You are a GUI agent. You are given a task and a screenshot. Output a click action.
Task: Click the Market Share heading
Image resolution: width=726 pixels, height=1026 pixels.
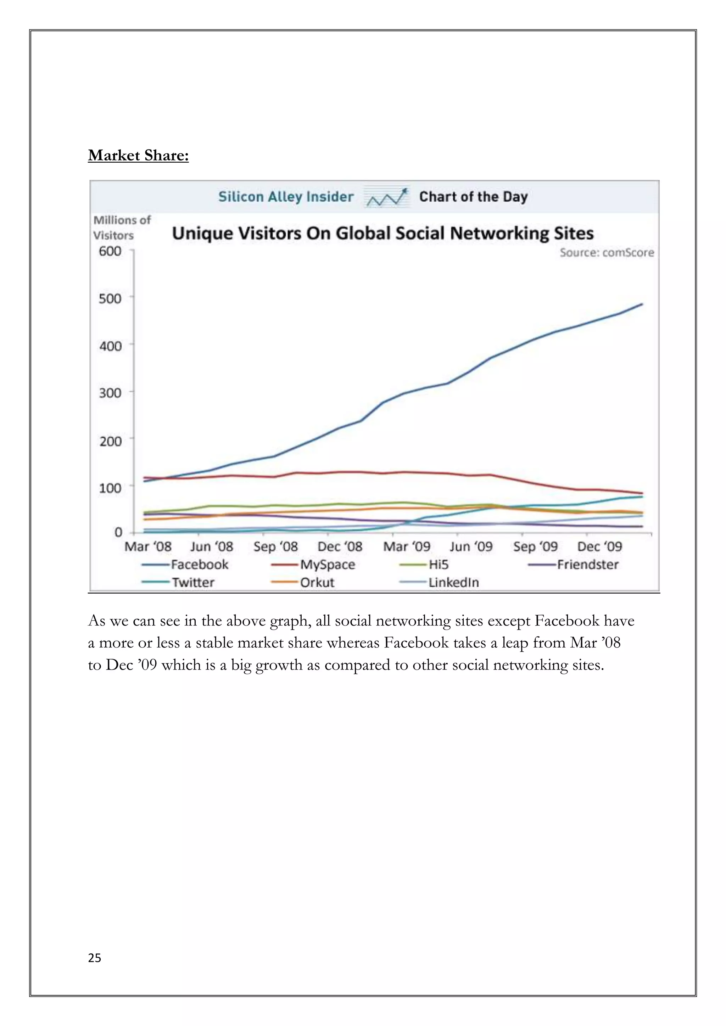(x=138, y=155)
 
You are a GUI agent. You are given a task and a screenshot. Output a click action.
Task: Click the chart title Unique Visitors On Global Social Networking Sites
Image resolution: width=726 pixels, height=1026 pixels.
(x=382, y=233)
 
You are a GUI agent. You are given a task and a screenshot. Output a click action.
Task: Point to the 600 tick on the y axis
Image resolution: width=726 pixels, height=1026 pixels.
(x=110, y=251)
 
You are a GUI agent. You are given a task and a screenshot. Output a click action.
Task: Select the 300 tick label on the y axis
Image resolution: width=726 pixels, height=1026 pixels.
(x=110, y=393)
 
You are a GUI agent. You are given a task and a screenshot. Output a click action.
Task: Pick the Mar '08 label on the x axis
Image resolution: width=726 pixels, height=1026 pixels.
(x=147, y=546)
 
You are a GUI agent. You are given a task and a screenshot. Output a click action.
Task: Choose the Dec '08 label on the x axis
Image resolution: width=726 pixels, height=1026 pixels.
(x=340, y=546)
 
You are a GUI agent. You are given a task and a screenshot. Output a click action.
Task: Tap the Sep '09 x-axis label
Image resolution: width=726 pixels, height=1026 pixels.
(x=535, y=546)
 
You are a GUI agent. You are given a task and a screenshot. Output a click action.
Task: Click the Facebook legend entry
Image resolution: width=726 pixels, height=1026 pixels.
(x=199, y=565)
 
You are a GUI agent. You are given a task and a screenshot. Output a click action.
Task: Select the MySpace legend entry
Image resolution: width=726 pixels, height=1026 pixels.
(x=327, y=565)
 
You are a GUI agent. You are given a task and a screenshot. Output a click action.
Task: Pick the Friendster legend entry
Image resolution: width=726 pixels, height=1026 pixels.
(x=587, y=565)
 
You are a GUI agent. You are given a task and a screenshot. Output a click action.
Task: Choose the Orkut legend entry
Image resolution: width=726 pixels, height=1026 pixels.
(x=317, y=582)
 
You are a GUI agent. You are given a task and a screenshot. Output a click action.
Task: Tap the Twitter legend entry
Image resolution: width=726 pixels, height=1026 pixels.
(x=193, y=582)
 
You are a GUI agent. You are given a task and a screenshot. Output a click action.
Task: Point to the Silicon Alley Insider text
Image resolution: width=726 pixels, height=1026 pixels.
(x=286, y=197)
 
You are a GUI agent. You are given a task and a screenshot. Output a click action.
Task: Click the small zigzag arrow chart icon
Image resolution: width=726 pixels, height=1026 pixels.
(x=386, y=197)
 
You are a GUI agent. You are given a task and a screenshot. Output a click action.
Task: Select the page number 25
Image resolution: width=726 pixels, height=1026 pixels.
(x=94, y=958)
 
